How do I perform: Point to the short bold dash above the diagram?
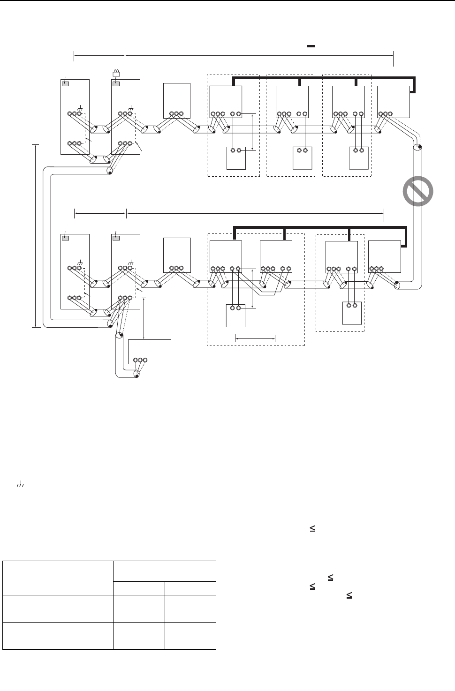coord(311,46)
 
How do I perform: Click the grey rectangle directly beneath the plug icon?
coord(115,83)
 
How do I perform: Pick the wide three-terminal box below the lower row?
coord(149,352)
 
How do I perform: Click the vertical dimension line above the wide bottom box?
coord(144,317)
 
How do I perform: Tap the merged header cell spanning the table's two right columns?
coord(164,571)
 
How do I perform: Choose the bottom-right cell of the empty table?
coord(190,636)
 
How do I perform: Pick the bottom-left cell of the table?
coord(58,636)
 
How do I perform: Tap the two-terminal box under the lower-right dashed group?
coord(352,313)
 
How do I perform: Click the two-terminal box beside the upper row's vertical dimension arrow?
coord(236,158)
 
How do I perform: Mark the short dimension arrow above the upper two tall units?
coord(99,56)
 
